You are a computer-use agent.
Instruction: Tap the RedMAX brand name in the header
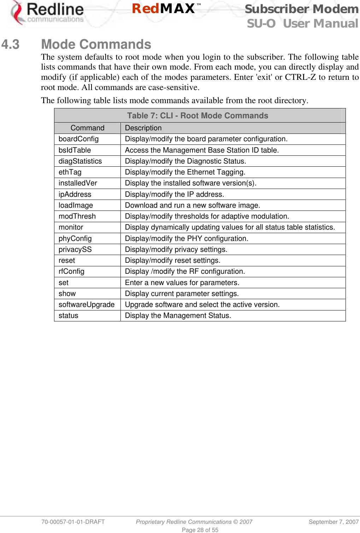coord(164,8)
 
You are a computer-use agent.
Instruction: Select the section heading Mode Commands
coord(96,45)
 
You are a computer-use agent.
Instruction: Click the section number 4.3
coord(10,45)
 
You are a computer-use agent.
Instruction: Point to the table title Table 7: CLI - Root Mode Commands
coord(197,116)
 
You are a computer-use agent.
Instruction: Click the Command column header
coord(87,128)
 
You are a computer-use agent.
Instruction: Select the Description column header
coord(143,128)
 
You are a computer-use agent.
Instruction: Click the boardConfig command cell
coord(78,139)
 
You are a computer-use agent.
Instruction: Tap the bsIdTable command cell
coord(75,150)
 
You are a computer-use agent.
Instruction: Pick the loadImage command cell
coord(76,205)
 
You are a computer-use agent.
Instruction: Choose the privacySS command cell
coord(75,249)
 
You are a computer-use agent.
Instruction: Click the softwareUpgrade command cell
coord(87,304)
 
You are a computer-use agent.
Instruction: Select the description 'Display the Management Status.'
coord(178,315)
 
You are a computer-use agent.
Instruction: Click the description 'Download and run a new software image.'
coord(192,205)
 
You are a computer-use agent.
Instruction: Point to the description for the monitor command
coord(230,227)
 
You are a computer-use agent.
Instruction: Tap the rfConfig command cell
coord(71,271)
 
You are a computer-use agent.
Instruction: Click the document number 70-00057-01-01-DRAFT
coord(73,522)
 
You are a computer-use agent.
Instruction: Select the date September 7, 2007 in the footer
coord(334,522)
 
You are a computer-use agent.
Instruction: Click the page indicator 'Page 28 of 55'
coord(200,530)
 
